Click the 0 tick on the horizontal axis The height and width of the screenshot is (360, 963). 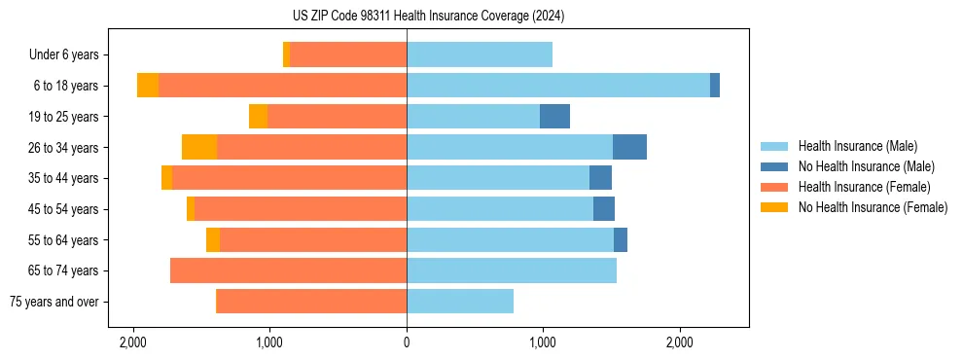pos(407,342)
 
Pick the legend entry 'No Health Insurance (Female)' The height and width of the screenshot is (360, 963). pos(873,207)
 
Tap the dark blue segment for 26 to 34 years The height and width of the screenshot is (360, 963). pos(629,147)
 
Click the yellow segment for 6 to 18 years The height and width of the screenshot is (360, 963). pos(148,86)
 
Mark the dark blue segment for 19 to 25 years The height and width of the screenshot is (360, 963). pos(554,117)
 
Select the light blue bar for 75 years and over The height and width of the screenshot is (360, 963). pos(460,302)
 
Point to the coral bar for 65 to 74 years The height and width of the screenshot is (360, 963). pos(288,270)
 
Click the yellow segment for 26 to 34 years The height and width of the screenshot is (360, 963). pos(199,147)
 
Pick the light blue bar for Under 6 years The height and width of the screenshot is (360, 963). pos(480,55)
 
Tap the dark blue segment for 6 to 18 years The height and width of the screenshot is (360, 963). pos(715,86)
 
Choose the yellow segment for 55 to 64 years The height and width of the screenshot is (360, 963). pos(213,240)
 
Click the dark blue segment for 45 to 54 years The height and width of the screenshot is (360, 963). pos(604,209)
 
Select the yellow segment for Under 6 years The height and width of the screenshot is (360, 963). pos(286,55)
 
